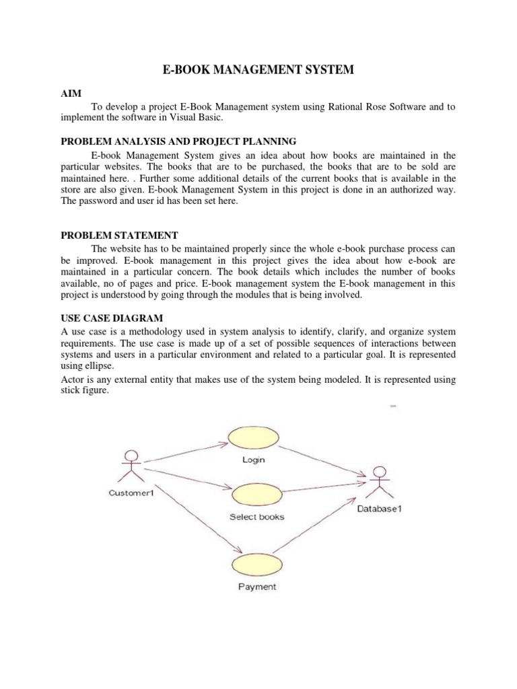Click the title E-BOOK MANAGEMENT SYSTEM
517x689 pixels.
pyautogui.click(x=258, y=69)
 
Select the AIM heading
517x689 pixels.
pyautogui.click(x=71, y=95)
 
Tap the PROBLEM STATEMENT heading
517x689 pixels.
pyautogui.click(x=120, y=235)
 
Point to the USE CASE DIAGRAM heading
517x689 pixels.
pyautogui.click(x=112, y=318)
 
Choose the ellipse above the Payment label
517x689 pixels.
pyautogui.click(x=256, y=565)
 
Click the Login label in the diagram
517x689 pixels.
pyautogui.click(x=253, y=460)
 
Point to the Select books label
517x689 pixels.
pyautogui.click(x=256, y=517)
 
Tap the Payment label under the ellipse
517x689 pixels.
pyautogui.click(x=257, y=587)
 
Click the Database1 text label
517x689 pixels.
pyautogui.click(x=379, y=509)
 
